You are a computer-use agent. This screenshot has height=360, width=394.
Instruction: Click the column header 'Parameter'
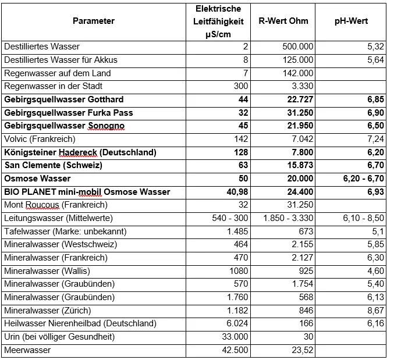[93, 21]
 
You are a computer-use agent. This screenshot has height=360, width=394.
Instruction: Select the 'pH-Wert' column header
[351, 21]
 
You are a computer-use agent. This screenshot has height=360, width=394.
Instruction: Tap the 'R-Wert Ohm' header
[283, 21]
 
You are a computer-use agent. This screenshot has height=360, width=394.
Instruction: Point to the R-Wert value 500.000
[298, 47]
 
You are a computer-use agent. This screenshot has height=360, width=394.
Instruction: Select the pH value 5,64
[375, 60]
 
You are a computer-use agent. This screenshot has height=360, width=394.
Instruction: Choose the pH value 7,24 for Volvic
[375, 140]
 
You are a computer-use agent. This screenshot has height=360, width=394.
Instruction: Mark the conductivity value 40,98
[235, 192]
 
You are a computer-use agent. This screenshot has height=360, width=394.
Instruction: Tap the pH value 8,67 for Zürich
[375, 310]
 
